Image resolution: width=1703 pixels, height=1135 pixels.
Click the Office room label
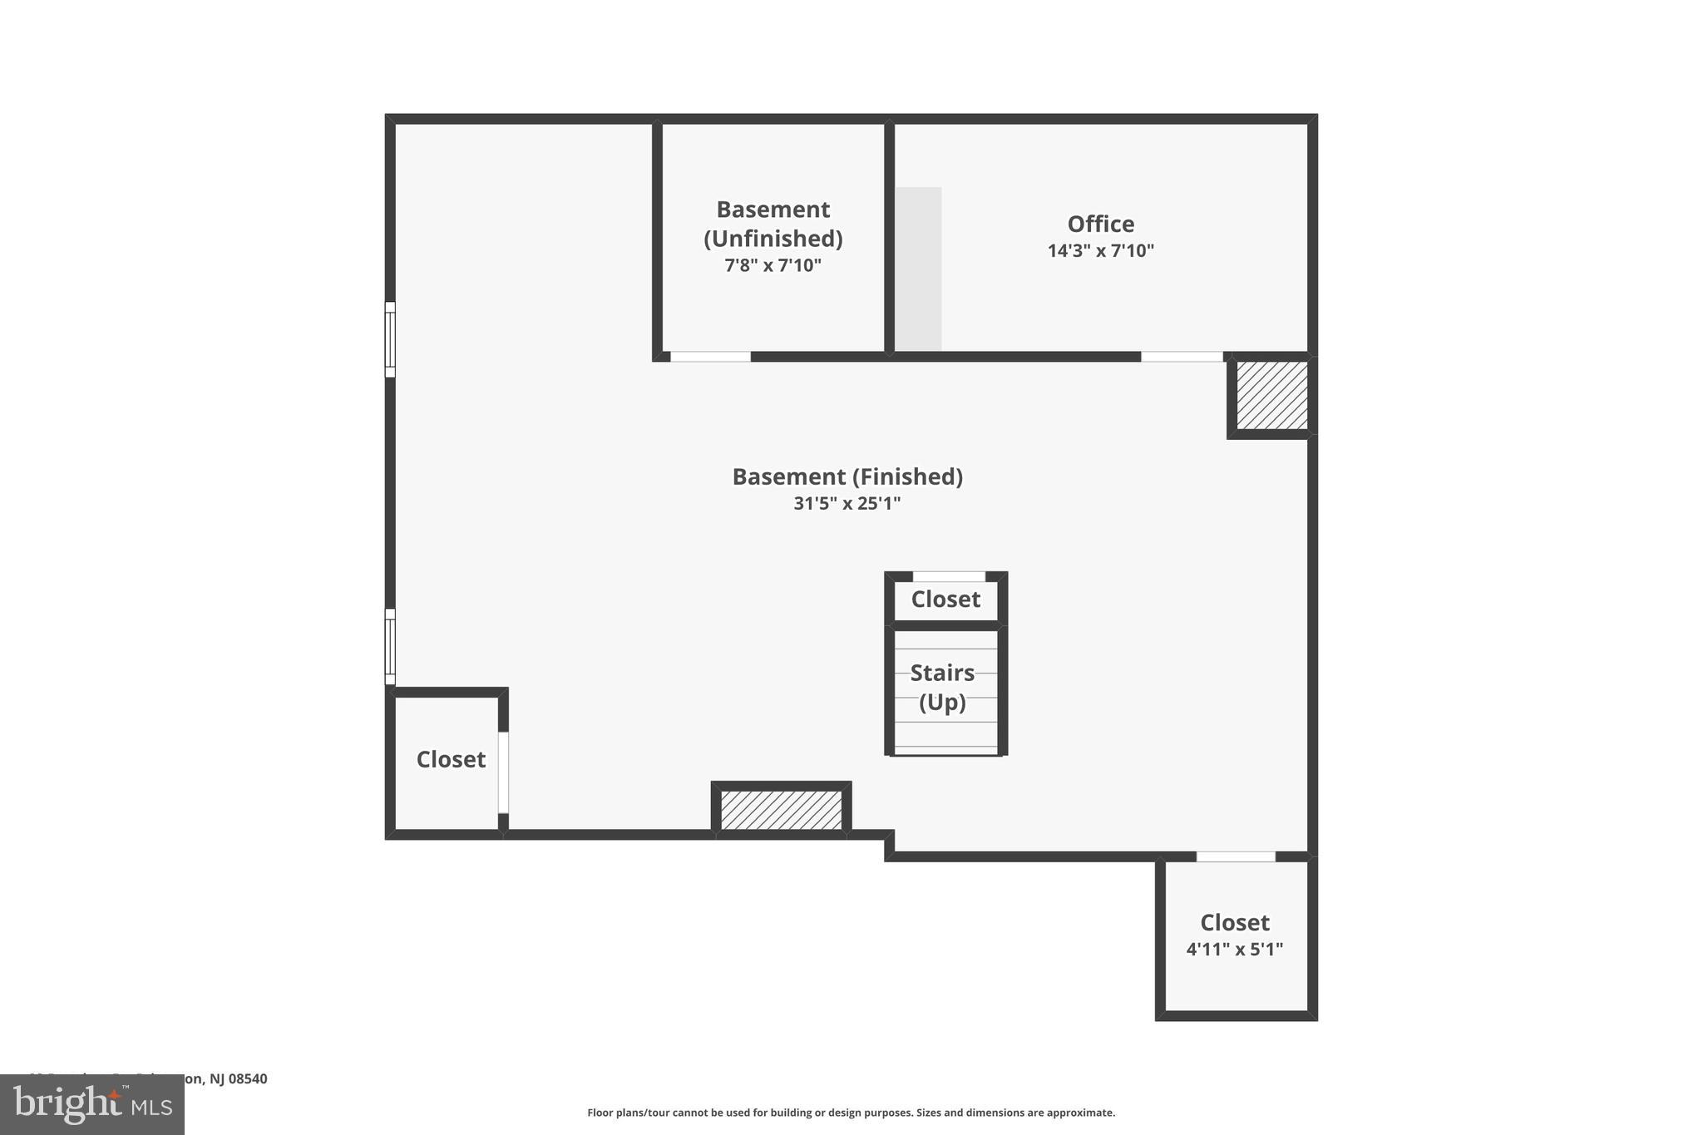(x=1100, y=224)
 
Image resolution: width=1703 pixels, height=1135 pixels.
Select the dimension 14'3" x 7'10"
(x=1100, y=251)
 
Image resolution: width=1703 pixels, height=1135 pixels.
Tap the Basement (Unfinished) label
(x=773, y=224)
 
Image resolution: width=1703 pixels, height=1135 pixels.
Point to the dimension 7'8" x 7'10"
(x=773, y=266)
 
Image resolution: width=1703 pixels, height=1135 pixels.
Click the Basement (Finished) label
(x=847, y=476)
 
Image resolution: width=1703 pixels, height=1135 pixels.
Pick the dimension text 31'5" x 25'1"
(x=847, y=504)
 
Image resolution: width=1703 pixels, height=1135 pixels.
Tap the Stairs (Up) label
(x=942, y=687)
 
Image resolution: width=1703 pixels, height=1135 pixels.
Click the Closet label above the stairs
(x=945, y=600)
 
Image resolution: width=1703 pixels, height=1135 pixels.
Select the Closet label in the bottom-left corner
(x=451, y=759)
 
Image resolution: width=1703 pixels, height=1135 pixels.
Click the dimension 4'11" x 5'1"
(x=1234, y=950)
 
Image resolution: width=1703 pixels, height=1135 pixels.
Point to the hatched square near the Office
(x=1271, y=396)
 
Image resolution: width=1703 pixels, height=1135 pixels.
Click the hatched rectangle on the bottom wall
(x=781, y=810)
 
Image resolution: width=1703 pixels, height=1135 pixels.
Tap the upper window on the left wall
(x=390, y=339)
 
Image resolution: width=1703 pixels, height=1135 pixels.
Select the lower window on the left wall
(x=390, y=646)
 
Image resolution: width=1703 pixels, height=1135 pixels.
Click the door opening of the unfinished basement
(x=710, y=357)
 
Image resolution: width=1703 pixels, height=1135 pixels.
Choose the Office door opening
(x=1182, y=357)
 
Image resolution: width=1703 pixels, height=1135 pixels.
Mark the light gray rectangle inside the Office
(x=918, y=269)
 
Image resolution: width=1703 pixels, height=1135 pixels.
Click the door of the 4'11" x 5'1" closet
(x=1236, y=856)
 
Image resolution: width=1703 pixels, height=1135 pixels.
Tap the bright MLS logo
(x=92, y=1105)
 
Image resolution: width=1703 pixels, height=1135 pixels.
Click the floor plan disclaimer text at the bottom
(x=851, y=1113)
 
